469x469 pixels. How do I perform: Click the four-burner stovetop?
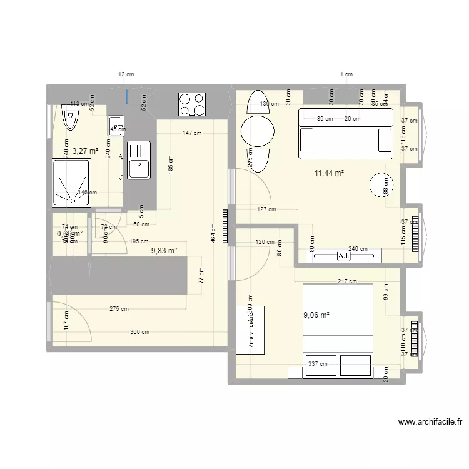click(x=192, y=104)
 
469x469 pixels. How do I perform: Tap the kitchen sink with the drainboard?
click(x=138, y=159)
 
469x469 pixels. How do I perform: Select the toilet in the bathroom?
click(x=71, y=117)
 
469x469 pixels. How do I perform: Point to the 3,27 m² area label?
click(x=86, y=151)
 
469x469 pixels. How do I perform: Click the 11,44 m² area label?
click(x=330, y=173)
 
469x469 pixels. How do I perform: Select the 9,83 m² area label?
click(x=164, y=250)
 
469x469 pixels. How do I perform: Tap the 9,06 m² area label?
click(x=316, y=315)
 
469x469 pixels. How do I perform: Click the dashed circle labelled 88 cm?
click(x=382, y=185)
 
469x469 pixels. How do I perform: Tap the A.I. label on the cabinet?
click(x=343, y=256)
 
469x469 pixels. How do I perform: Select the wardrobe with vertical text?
click(x=250, y=329)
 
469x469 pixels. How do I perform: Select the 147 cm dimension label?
click(x=192, y=133)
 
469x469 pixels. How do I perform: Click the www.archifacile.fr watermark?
click(x=430, y=422)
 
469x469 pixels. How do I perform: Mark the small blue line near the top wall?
click(x=126, y=96)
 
